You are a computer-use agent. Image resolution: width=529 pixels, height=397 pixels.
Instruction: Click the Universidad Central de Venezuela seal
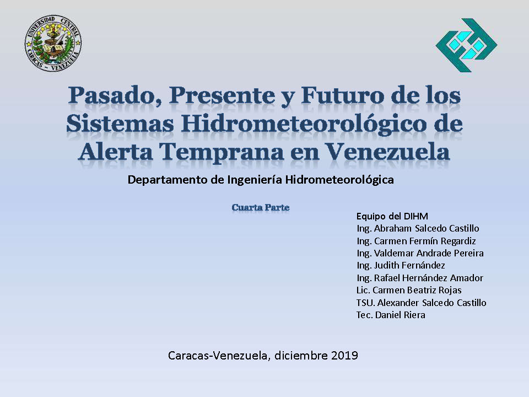point(53,43)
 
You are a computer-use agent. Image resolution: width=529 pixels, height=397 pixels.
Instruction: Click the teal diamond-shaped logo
point(466,45)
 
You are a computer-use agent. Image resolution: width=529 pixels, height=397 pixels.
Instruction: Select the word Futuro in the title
point(342,95)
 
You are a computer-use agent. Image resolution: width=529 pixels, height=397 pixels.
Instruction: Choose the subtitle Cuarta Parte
point(261,207)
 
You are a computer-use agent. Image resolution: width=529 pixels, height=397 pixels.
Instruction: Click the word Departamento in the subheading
point(168,180)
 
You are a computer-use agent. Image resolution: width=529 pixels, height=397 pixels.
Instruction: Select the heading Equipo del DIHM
point(392,216)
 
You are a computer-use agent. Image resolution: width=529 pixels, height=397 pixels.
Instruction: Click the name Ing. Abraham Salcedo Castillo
point(418,228)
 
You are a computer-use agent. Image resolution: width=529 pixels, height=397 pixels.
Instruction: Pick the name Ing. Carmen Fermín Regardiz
point(416,241)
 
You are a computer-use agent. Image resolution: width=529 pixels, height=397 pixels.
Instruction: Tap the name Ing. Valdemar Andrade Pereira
point(420,253)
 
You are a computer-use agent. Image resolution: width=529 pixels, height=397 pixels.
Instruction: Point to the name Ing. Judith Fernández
point(401,266)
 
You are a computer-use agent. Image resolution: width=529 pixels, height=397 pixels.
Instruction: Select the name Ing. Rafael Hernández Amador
point(420,278)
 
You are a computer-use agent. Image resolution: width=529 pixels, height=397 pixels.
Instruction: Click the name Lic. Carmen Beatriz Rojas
point(409,290)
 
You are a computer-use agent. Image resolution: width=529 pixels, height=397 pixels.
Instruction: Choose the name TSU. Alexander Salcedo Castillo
point(421,303)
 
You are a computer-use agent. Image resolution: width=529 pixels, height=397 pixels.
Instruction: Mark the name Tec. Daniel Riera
point(391,315)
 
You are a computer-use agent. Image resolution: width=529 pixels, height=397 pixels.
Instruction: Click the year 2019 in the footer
point(344,356)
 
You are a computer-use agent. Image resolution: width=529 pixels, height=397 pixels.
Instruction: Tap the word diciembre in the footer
point(301,356)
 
